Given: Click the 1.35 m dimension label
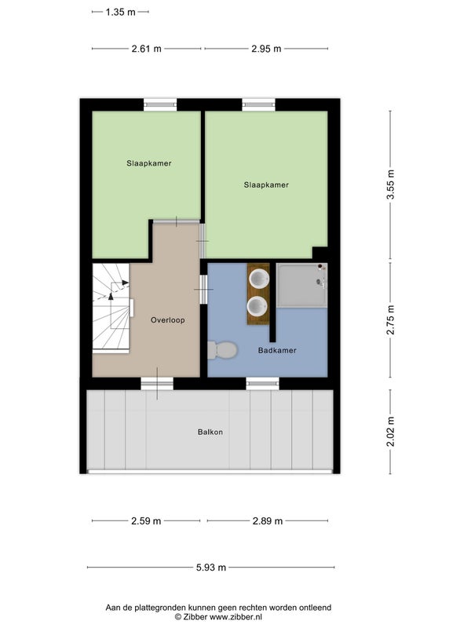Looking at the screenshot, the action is point(121,12).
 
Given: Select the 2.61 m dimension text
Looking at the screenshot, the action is point(147,49).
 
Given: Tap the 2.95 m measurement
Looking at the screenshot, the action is point(266,49).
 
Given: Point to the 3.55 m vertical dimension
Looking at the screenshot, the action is point(391,184).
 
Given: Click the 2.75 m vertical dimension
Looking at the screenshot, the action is point(391,319).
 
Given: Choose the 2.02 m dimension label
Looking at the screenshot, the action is point(391,431).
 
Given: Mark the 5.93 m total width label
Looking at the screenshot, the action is point(211,568).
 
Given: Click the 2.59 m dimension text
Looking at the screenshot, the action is point(146,521).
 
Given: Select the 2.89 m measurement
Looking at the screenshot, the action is point(268,521).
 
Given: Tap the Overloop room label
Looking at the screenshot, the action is point(168,320).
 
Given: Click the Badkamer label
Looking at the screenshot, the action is point(277,350).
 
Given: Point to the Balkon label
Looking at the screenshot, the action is point(210,433).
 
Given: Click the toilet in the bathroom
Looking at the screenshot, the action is point(223,350).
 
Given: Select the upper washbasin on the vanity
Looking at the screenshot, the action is point(258,279).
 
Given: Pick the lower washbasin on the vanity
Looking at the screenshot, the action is point(258,307).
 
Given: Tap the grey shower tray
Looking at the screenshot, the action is point(302,286).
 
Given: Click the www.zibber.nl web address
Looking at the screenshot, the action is point(236,617).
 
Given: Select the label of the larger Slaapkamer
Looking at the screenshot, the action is point(266,185).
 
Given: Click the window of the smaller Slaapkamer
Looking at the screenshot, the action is point(160,104).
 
